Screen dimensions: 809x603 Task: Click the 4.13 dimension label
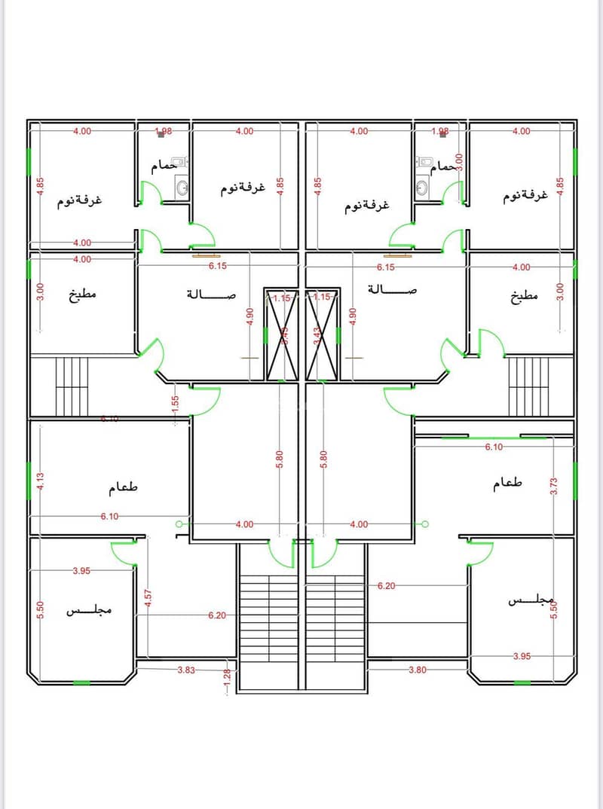[41, 481]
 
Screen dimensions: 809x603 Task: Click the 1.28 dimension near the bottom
[226, 682]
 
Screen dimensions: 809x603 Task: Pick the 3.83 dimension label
[187, 670]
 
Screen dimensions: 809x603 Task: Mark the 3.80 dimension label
[418, 670]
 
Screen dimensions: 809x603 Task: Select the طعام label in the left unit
[124, 487]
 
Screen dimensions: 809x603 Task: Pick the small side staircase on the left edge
[72, 386]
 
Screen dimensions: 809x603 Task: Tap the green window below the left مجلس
[81, 683]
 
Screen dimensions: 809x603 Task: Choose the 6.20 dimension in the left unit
[217, 615]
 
